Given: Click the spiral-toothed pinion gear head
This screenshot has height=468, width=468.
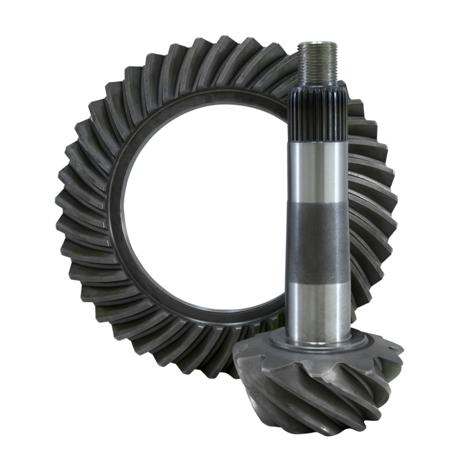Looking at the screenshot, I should coord(322,380).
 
